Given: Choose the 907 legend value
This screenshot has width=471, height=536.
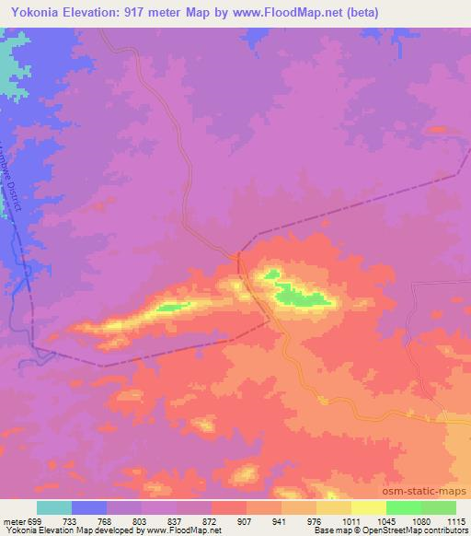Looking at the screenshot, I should coord(247,520).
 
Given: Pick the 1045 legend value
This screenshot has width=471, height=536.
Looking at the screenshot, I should coord(385,520).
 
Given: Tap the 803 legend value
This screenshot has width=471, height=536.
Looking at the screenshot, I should coord(142,520).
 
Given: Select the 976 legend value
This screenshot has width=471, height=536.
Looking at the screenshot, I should coord(316,520).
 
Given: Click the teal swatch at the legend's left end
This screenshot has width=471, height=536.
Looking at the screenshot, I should coord(54,507).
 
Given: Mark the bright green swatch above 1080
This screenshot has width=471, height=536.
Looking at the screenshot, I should coord(404,507).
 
